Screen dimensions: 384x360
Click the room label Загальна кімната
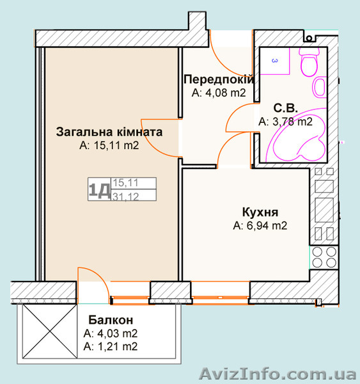click(x=109, y=132)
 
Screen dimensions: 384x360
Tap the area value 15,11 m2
click(x=109, y=145)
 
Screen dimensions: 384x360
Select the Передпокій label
click(x=219, y=79)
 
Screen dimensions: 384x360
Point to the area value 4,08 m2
click(x=219, y=92)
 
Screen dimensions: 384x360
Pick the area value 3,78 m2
click(x=285, y=121)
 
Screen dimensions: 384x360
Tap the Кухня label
click(x=260, y=212)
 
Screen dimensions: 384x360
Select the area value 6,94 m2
click(x=260, y=225)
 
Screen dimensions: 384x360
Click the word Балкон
click(x=111, y=320)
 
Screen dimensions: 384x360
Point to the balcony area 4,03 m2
click(x=111, y=333)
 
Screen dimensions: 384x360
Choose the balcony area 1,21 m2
click(x=111, y=346)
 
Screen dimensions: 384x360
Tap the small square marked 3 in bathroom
click(x=275, y=61)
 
